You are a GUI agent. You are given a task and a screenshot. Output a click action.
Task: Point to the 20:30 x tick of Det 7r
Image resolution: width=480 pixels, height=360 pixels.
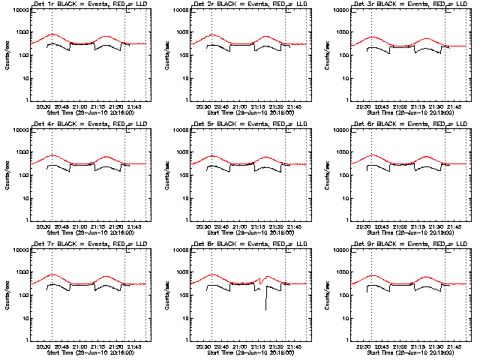click(43, 347)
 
